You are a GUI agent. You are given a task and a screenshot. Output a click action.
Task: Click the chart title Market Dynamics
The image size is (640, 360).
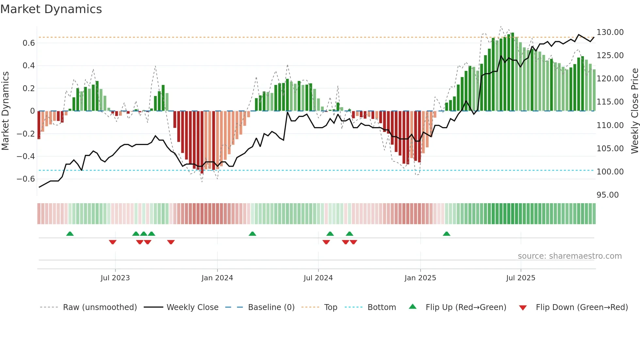click(51, 9)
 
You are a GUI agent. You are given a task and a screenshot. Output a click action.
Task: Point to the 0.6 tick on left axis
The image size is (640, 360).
click(29, 43)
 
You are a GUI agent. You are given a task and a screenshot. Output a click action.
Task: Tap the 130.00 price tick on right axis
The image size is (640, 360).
click(610, 32)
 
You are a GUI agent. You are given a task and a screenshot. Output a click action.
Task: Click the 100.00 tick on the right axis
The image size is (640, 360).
click(610, 172)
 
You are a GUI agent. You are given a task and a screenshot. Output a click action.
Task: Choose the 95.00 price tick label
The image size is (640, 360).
click(607, 195)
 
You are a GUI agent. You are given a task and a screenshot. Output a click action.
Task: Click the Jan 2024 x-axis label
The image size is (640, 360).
click(217, 278)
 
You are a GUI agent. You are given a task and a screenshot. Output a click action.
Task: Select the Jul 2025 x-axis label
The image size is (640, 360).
click(520, 278)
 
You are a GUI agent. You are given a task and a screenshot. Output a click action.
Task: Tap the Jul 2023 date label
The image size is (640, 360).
click(115, 278)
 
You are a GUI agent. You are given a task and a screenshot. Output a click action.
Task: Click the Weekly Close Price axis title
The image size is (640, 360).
click(634, 111)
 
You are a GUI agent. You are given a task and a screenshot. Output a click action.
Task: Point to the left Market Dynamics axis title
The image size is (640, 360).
click(5, 111)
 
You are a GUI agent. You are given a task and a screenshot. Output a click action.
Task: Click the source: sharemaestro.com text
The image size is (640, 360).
click(569, 256)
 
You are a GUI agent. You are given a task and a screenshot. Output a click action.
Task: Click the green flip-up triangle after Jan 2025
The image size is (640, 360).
click(446, 234)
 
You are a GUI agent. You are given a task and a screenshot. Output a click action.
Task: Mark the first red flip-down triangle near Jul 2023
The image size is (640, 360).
click(113, 242)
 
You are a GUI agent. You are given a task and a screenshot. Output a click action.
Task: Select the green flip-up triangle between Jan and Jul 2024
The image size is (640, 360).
click(252, 234)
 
